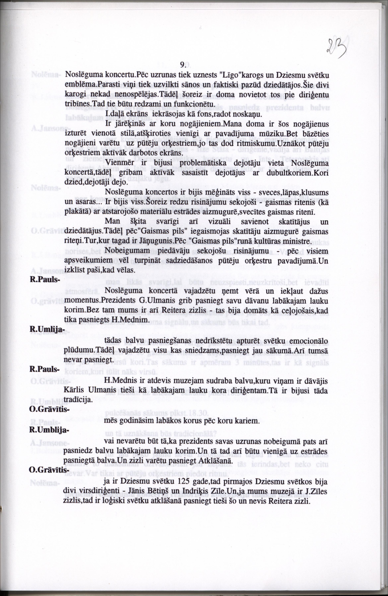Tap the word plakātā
pos(76,212)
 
